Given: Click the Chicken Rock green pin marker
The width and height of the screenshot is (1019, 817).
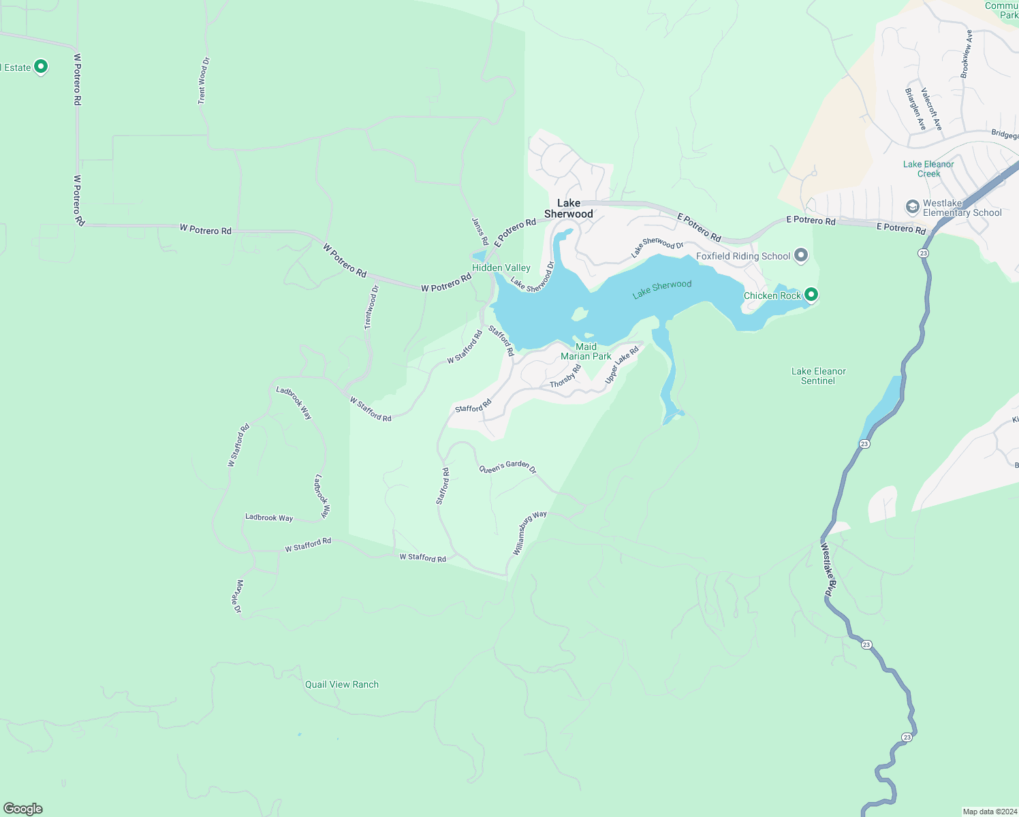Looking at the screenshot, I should pyautogui.click(x=811, y=295).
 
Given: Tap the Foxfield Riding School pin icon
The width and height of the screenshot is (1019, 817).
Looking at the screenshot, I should pyautogui.click(x=801, y=256).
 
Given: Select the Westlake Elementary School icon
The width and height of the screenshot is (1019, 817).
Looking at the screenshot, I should pyautogui.click(x=913, y=206).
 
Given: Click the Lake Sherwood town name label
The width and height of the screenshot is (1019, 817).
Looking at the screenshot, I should pyautogui.click(x=569, y=208).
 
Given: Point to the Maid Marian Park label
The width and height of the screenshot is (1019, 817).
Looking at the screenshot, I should pyautogui.click(x=586, y=351).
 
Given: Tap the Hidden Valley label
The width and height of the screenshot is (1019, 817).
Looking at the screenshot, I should pyautogui.click(x=501, y=268).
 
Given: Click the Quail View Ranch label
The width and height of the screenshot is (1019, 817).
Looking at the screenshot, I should pyautogui.click(x=342, y=684).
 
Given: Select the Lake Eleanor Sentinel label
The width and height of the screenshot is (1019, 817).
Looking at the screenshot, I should pyautogui.click(x=818, y=376).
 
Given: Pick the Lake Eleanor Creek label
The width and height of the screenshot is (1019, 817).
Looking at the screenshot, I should pyautogui.click(x=928, y=169).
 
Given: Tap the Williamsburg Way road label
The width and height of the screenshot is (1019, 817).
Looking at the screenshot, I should pyautogui.click(x=529, y=532).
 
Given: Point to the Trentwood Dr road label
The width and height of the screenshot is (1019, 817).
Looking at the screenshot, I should pyautogui.click(x=371, y=308).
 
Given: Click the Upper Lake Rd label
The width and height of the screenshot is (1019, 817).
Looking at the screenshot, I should pyautogui.click(x=622, y=364).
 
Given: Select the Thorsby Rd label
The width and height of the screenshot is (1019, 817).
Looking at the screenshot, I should pyautogui.click(x=565, y=377).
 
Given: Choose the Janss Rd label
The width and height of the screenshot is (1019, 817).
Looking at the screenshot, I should pyautogui.click(x=480, y=231).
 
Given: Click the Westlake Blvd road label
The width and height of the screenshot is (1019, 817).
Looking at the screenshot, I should pyautogui.click(x=826, y=571).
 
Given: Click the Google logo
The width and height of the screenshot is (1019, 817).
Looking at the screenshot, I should pyautogui.click(x=23, y=809).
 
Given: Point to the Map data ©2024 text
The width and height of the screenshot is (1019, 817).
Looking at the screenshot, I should pyautogui.click(x=988, y=812).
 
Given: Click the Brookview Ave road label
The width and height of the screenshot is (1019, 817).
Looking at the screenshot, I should pyautogui.click(x=966, y=54).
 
